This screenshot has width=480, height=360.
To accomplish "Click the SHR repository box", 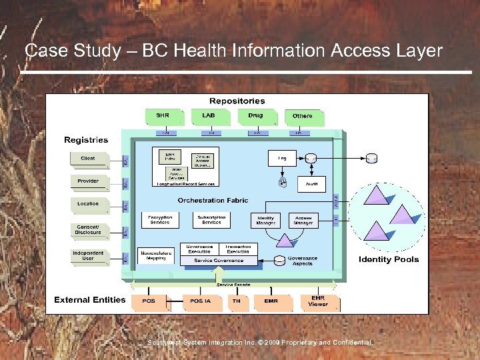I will coord(163,117).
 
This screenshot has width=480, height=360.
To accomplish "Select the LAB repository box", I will coord(209,117).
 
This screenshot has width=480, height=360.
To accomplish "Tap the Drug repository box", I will coord(255,117).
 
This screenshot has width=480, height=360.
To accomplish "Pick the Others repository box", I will coord(302,117).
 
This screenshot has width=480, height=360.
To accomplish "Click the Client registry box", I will coord(88,159).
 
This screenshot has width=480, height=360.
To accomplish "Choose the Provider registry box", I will coord(88,181).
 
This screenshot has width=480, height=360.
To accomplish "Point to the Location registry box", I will coord(88,204).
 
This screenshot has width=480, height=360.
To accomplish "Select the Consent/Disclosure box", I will coord(88,230).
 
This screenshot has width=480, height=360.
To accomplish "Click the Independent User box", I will coord(88,255).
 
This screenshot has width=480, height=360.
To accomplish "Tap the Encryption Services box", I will coord(160,220).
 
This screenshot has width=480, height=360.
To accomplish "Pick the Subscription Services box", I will coord(211,220).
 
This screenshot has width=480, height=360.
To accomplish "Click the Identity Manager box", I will coord(266,220).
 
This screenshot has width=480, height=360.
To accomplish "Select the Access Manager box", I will coord(303,220).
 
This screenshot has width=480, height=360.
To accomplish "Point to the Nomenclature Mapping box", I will coord(156,255).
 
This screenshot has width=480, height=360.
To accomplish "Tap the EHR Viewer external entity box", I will coord(318,301).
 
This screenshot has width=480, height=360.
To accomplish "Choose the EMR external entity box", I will coord(271,301).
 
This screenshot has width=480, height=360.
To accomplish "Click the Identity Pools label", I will coord(389,259).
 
